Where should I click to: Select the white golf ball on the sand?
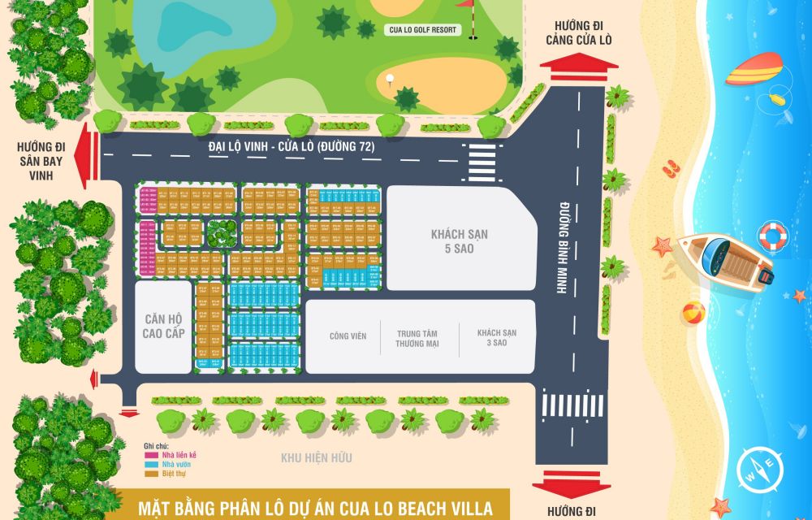point(389,79)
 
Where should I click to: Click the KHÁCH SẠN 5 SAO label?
point(460,241)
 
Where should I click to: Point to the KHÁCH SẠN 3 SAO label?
point(497,337)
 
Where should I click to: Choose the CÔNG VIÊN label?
point(344,336)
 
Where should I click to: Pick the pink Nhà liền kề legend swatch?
point(152,456)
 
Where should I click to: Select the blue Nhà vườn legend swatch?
point(152,465)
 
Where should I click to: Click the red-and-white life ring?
point(773,236)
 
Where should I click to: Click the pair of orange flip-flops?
point(670,169)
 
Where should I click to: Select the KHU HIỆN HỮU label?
point(317,458)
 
